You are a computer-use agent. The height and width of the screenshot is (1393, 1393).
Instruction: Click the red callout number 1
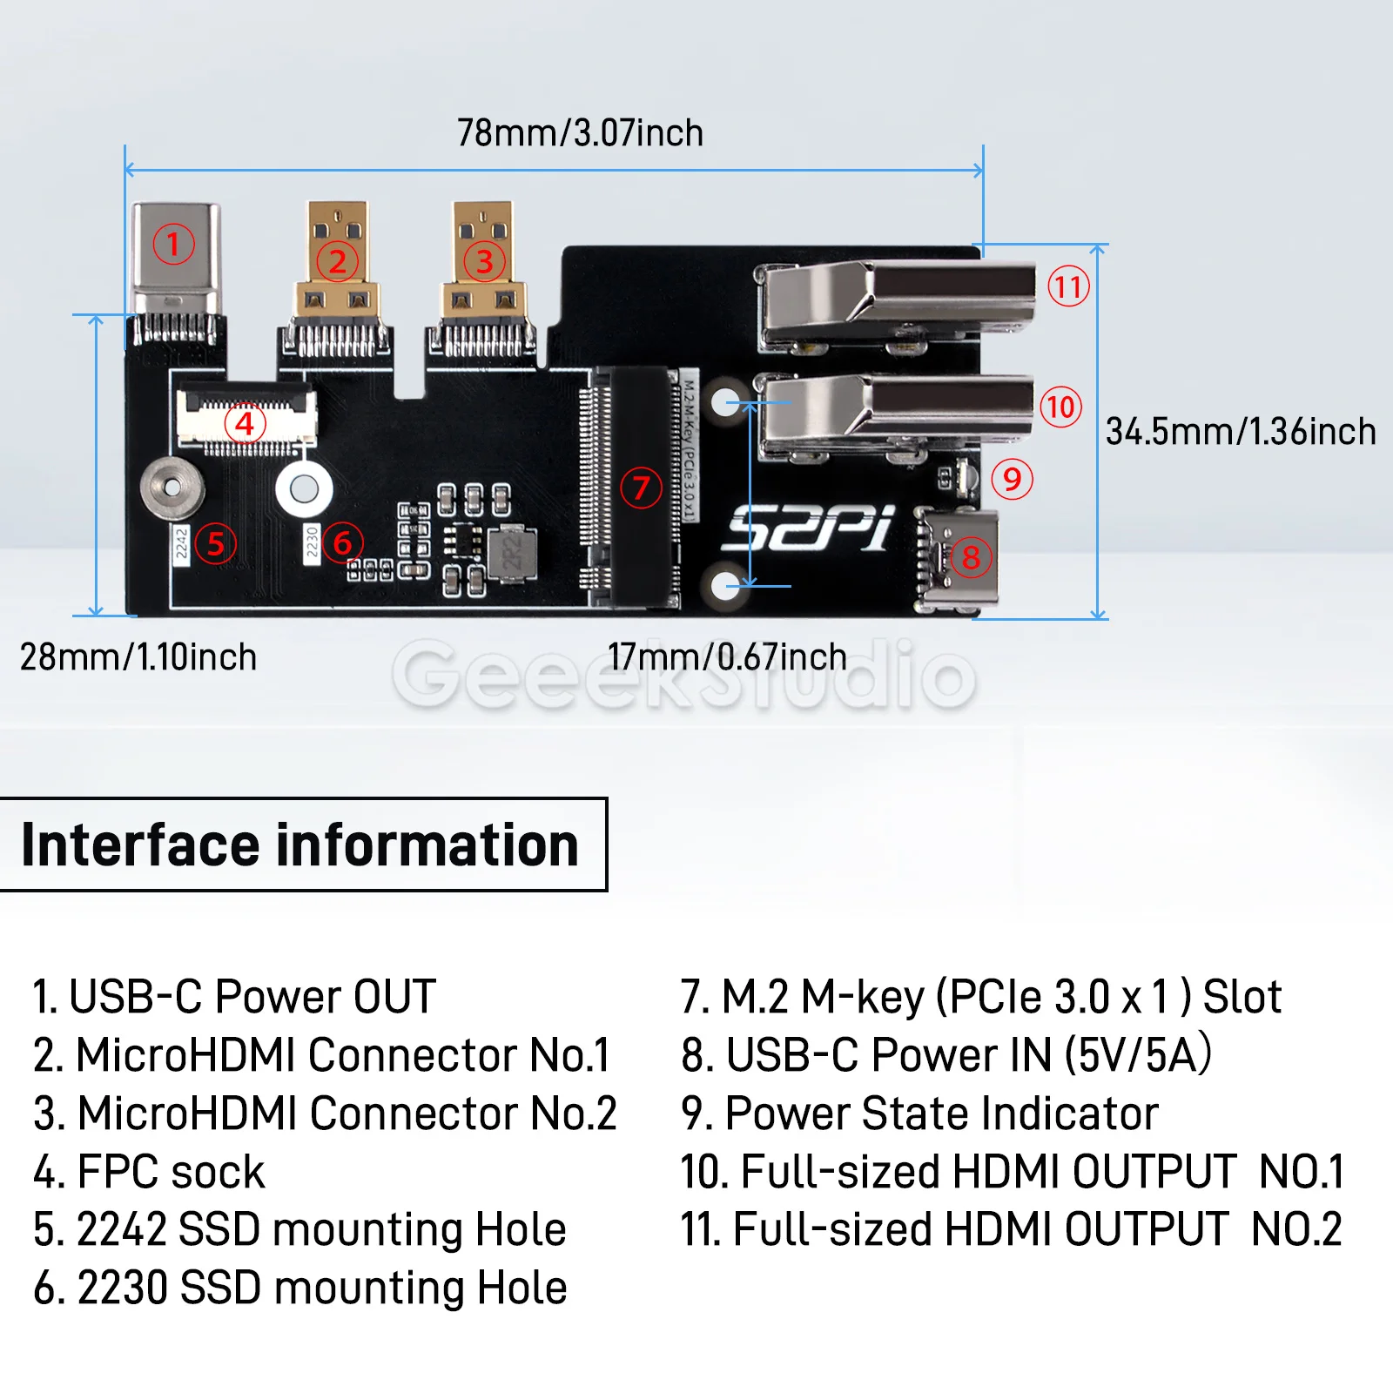coord(173,245)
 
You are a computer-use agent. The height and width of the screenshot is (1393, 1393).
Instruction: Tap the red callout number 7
coord(641,488)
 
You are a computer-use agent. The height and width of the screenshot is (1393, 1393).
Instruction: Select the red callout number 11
coord(1068,286)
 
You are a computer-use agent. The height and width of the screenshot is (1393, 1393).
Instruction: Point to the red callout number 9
coord(1012,479)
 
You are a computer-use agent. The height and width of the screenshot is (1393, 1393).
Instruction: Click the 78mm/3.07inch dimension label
coord(580,133)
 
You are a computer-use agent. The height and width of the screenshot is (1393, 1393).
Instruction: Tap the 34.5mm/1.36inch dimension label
coord(1240,432)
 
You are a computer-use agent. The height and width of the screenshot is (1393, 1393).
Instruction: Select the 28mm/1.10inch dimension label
coord(138,657)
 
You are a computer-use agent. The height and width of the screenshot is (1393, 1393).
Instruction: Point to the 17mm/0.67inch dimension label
coord(727,657)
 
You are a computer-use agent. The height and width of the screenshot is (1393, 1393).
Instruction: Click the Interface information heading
coord(300,845)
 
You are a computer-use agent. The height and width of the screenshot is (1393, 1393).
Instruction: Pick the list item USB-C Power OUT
coord(234,997)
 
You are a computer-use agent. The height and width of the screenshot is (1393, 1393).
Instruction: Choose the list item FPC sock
coord(149,1172)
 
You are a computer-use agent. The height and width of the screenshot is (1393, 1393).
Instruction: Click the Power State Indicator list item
coord(919,1114)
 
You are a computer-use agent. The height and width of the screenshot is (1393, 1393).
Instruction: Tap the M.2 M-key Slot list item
coord(980,997)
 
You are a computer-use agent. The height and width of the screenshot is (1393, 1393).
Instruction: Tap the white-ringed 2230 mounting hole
coord(304,488)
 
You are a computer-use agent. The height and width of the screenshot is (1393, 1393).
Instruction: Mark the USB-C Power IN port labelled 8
coord(960,557)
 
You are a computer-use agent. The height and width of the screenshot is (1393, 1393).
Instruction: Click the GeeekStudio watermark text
coord(684,676)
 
